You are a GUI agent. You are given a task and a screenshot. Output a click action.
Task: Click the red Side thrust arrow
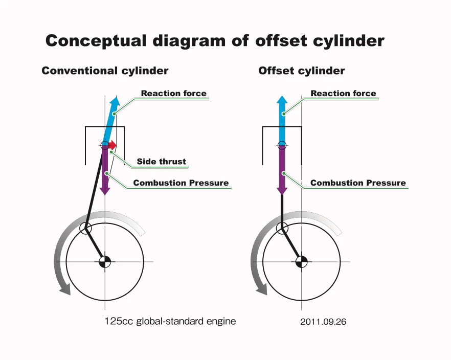pos(112,145)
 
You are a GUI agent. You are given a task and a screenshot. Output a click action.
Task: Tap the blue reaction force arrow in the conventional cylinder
pos(110,120)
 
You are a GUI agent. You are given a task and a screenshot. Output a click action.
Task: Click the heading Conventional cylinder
pos(105,71)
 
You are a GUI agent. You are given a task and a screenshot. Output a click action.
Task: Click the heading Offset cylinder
pos(302,71)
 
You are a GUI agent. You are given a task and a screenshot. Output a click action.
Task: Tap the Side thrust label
pos(161,162)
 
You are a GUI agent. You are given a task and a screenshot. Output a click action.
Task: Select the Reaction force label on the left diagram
pos(174,94)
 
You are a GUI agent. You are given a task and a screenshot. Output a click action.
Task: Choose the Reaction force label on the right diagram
pos(343,94)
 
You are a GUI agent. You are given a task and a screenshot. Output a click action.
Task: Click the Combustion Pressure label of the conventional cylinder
pos(181,183)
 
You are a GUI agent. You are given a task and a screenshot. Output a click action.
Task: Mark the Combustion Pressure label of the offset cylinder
pos(358,183)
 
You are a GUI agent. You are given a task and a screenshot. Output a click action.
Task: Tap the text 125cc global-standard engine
pos(170,321)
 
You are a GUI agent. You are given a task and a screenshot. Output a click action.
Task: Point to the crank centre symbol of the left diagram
pos(105,262)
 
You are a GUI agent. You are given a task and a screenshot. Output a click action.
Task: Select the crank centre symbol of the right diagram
pos(301,262)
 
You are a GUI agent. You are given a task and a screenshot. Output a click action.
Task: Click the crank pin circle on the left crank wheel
pos(85,229)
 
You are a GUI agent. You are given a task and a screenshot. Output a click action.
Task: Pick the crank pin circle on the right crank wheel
pos(282,228)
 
